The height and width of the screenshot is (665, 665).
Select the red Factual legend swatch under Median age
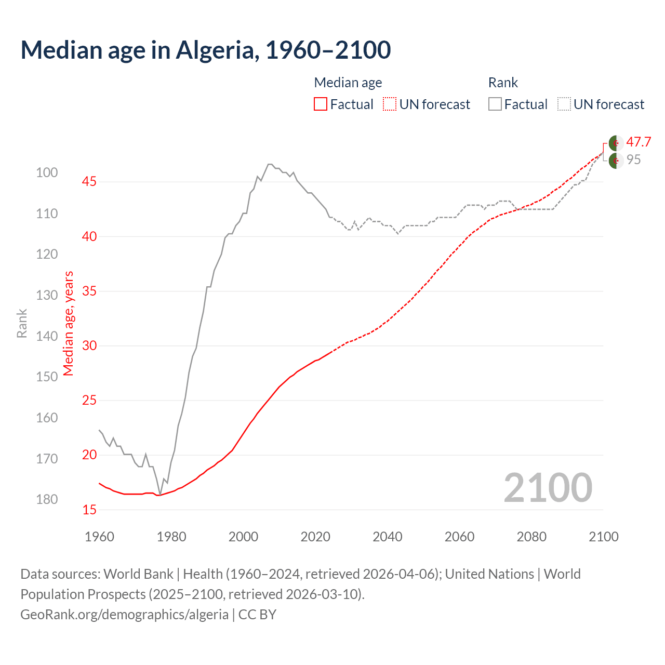(x=321, y=104)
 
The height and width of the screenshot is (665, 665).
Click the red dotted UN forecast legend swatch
(x=390, y=104)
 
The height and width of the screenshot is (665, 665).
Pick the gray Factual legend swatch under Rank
(x=495, y=104)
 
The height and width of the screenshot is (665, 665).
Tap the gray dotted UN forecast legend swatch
(x=564, y=104)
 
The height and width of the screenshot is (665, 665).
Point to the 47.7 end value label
(x=639, y=142)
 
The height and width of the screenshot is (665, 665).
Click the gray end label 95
(x=633, y=160)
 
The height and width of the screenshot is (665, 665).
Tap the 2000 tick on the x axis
(x=243, y=537)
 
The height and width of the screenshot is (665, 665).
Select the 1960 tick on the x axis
(x=99, y=537)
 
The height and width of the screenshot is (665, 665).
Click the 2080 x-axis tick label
(x=531, y=537)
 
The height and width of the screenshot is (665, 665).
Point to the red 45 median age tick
(x=89, y=182)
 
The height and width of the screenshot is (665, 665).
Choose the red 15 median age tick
(x=89, y=510)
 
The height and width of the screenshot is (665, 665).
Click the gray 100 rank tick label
(x=47, y=172)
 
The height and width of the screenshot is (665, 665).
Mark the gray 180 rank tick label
(x=47, y=499)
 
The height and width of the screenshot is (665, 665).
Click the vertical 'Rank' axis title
(x=22, y=324)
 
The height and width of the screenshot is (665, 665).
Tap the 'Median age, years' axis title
(x=69, y=324)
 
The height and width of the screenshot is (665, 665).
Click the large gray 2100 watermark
(x=548, y=488)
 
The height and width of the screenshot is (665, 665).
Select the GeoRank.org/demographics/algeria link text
(x=124, y=615)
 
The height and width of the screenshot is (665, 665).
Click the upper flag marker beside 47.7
(x=616, y=143)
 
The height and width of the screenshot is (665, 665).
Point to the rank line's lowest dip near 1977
(x=160, y=494)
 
